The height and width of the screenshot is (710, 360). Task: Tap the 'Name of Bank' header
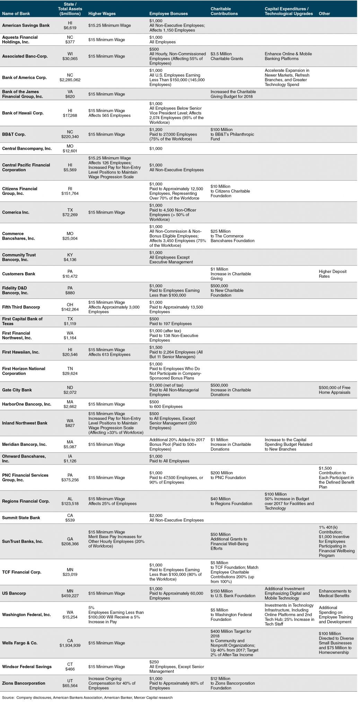tap(16, 14)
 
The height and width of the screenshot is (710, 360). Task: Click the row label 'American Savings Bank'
tap(26, 25)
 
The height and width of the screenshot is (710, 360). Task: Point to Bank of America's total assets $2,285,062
tap(70, 80)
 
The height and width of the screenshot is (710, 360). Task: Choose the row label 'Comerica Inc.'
tap(16, 212)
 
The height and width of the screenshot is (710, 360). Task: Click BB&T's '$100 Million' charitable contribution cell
tap(232, 134)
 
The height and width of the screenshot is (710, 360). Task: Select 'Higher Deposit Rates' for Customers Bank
tap(333, 274)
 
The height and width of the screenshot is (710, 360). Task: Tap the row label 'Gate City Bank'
tap(17, 390)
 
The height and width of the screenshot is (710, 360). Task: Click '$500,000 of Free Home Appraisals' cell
tap(334, 390)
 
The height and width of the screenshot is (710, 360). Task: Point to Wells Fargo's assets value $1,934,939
tap(70, 646)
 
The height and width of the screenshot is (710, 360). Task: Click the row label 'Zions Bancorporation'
tap(24, 683)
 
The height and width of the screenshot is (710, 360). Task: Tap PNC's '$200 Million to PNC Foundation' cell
tap(228, 475)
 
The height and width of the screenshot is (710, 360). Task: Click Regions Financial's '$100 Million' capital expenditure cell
tap(289, 501)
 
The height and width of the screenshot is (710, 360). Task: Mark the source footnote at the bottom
tap(87, 698)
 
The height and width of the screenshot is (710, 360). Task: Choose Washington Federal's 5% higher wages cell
tap(116, 615)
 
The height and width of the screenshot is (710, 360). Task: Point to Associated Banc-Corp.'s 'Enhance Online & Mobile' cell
tap(288, 56)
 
